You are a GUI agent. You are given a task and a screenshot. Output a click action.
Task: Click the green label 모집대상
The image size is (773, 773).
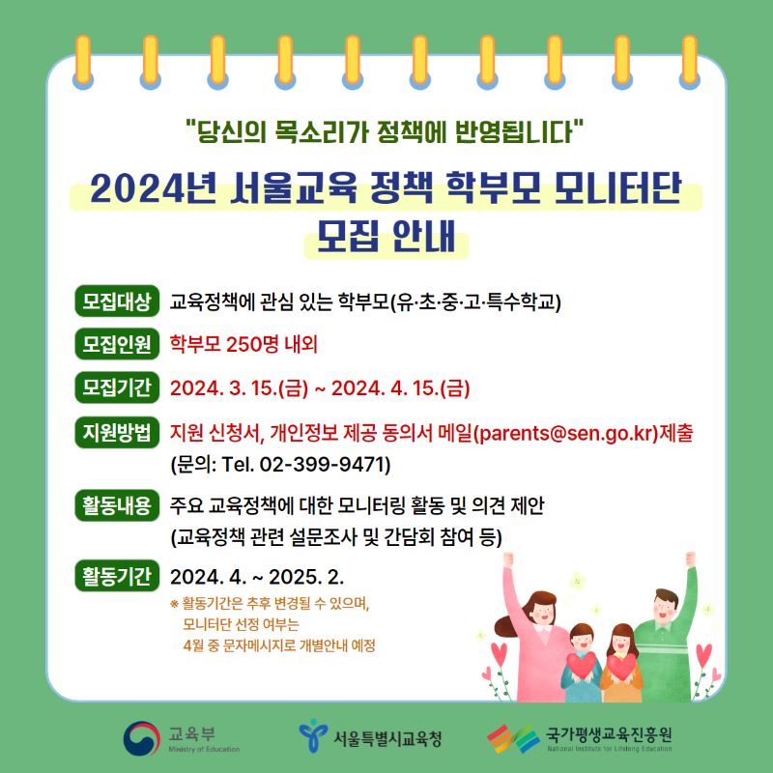pyautogui.click(x=117, y=301)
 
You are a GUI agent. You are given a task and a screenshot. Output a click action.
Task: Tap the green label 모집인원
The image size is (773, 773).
pyautogui.click(x=117, y=344)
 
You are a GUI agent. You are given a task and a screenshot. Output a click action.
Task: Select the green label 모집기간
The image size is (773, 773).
pyautogui.click(x=117, y=387)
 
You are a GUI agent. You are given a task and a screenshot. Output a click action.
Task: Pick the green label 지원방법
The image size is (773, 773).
pyautogui.click(x=117, y=432)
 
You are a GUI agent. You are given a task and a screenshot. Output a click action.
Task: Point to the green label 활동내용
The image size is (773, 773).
pyautogui.click(x=117, y=505)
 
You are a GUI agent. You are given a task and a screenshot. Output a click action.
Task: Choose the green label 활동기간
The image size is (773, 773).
pyautogui.click(x=117, y=576)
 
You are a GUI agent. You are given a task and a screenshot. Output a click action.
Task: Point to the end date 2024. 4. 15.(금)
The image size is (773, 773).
pyautogui.click(x=400, y=388)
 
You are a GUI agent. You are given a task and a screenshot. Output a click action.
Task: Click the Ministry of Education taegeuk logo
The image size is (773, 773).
pyautogui.click(x=142, y=738)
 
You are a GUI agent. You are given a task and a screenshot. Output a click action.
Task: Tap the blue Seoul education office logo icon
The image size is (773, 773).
pyautogui.click(x=313, y=735)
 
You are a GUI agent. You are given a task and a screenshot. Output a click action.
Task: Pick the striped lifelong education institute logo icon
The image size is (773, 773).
pyautogui.click(x=513, y=738)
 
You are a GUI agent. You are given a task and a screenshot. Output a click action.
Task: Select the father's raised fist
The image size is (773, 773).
pyautogui.click(x=691, y=559)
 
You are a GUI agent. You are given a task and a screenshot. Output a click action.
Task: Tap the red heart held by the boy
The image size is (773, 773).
pyautogui.click(x=582, y=665)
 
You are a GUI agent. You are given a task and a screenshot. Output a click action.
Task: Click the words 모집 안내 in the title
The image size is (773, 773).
pyautogui.click(x=386, y=237)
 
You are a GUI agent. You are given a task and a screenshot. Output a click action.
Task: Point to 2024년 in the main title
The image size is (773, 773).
pyautogui.click(x=154, y=188)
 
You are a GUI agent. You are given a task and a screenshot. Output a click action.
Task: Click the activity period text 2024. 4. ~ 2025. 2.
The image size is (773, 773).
pyautogui.click(x=257, y=576)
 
